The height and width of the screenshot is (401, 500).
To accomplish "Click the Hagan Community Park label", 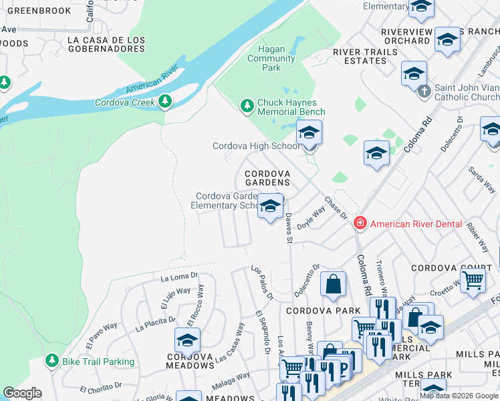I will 271,58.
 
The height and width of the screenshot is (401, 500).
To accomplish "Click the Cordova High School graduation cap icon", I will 309,133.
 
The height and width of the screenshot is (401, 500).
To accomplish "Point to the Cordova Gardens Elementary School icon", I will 270,206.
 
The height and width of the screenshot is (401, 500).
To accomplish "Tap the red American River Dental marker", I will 360,223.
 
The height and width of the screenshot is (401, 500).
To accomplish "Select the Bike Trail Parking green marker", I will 52,361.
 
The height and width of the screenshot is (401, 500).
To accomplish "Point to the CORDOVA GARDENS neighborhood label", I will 267,178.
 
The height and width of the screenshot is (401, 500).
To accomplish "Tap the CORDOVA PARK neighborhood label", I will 323,311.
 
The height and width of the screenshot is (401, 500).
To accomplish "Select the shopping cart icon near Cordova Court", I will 473,280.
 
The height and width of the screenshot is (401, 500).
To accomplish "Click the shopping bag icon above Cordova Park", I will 333,284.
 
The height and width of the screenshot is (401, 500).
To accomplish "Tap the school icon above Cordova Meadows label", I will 187,340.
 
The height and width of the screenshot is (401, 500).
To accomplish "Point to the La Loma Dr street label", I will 180,275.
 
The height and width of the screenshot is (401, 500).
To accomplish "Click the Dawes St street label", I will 289,228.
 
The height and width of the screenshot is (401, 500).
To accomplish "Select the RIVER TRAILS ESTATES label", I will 360,56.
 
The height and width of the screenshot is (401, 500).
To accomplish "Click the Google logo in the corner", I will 22,393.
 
